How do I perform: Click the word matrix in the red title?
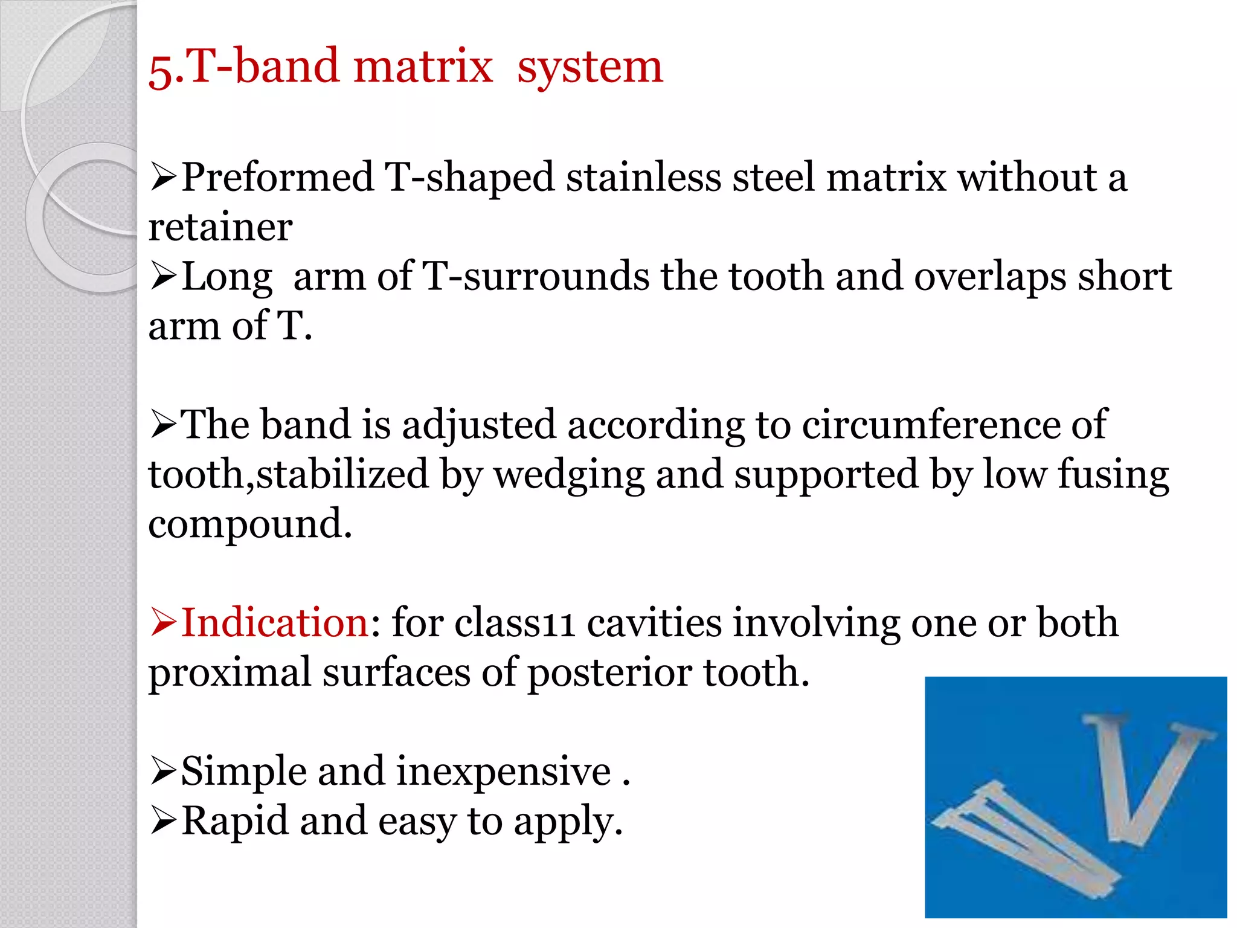[423, 66]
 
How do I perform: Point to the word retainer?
[220, 228]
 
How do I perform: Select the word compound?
[249, 524]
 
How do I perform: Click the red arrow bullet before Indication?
[163, 623]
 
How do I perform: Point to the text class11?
[514, 623]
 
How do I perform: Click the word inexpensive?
[504, 772]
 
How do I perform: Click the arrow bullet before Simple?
[163, 772]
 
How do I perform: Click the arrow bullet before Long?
[163, 277]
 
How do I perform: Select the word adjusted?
[478, 425]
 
